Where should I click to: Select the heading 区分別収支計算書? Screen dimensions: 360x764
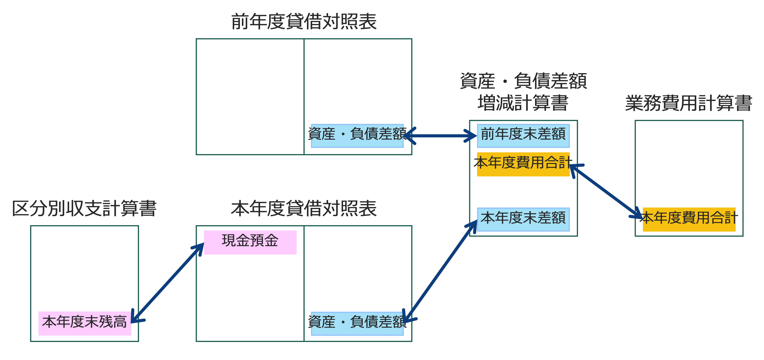[x=84, y=208]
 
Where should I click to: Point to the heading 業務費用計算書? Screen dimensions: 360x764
[x=689, y=103]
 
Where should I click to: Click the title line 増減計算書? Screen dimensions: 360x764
[x=523, y=103]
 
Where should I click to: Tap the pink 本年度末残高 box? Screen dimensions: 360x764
[x=85, y=323]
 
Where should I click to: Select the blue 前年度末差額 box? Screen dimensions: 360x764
[x=523, y=136]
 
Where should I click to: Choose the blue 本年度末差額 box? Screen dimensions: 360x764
[x=523, y=219]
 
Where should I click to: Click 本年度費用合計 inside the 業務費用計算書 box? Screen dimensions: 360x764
[x=689, y=219]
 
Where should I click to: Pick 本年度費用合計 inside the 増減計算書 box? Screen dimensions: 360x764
[x=523, y=164]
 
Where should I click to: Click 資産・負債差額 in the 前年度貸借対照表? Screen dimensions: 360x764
[x=357, y=136]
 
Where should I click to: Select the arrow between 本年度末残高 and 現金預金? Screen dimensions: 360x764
[x=168, y=283]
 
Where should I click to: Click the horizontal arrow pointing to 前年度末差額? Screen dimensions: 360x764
[x=441, y=136]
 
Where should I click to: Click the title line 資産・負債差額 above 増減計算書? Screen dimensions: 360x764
[x=523, y=81]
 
